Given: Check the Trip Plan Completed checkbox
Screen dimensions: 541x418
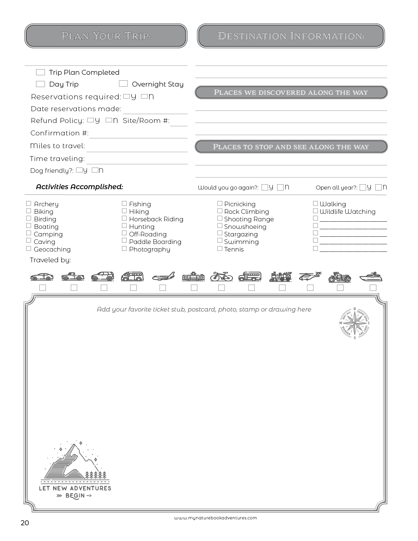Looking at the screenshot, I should [40, 72].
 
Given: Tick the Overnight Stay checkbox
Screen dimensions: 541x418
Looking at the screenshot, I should [123, 84].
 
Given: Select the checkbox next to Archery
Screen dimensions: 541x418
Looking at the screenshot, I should [29, 204].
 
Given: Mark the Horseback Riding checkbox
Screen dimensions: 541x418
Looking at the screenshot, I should [124, 218].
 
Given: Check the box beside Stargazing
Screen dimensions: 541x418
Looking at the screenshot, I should [220, 233].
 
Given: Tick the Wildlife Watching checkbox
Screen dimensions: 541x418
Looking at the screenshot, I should [315, 211].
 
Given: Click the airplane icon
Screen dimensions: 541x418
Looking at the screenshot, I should [163, 276].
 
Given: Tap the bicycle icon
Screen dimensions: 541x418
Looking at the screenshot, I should [221, 276].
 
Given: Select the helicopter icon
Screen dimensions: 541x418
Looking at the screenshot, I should [310, 276].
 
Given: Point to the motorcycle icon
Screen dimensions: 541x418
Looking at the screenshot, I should [340, 277].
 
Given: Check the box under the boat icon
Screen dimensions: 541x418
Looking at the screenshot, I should [373, 288].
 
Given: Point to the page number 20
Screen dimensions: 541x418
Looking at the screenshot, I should [25, 523].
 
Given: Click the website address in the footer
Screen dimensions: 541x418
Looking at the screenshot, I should [215, 518].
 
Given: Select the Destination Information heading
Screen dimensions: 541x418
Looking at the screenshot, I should [291, 36].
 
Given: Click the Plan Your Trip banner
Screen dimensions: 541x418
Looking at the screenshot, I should [106, 36].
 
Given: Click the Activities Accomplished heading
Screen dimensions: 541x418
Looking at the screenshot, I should [79, 187].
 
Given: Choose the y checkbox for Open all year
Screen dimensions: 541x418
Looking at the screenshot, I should [363, 188].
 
